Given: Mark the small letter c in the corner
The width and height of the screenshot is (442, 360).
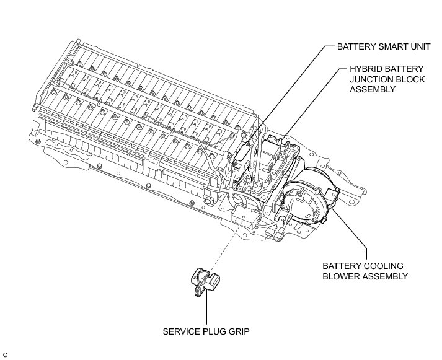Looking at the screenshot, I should tap(4, 354).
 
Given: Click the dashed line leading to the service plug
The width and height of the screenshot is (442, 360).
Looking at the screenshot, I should tap(226, 244).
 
